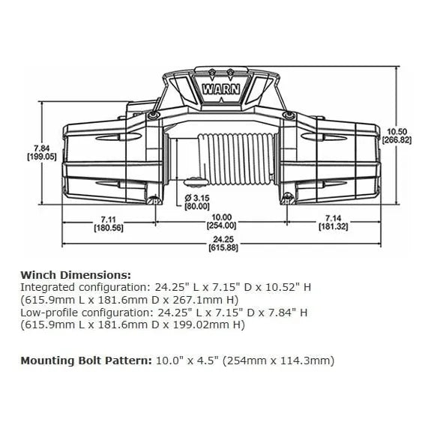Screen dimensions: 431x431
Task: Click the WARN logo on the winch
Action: click(221, 89)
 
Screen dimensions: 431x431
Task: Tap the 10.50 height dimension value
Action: click(396, 132)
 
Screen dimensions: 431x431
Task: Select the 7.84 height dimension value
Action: click(42, 148)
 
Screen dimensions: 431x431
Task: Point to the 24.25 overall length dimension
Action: click(223, 239)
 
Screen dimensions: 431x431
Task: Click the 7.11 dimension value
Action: click(109, 220)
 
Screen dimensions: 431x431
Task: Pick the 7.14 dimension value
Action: click(333, 219)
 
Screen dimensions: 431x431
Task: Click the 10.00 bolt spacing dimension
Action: click(221, 217)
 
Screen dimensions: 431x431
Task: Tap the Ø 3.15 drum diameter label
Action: click(197, 198)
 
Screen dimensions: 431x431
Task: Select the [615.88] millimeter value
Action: click(223, 247)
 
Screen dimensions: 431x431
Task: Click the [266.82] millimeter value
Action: click(396, 140)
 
